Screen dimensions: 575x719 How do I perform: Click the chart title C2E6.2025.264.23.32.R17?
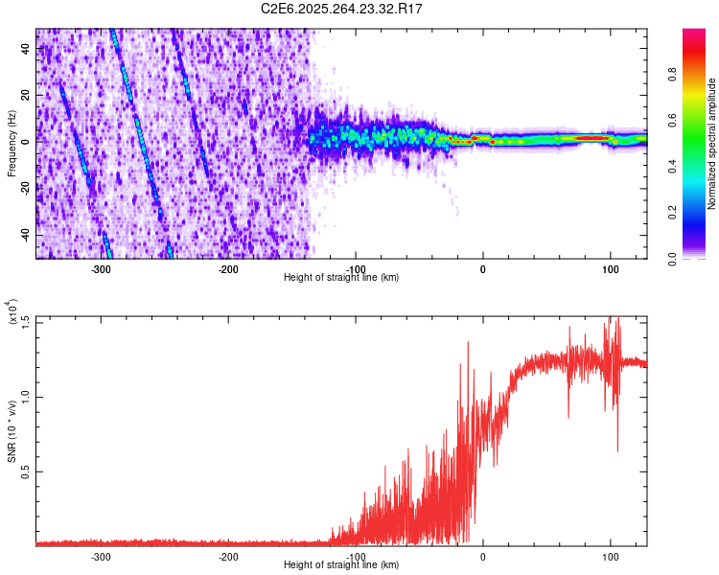pyautogui.click(x=342, y=9)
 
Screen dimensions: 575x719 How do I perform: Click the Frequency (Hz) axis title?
pyautogui.click(x=12, y=144)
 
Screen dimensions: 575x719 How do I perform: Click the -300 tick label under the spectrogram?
pyautogui.click(x=101, y=268)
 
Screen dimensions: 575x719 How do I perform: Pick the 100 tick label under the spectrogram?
pyautogui.click(x=610, y=268)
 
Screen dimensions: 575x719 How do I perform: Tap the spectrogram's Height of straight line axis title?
pyautogui.click(x=342, y=277)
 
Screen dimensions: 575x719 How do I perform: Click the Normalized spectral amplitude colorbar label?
pyautogui.click(x=712, y=144)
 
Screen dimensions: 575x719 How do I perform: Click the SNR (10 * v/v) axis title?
pyautogui.click(x=12, y=431)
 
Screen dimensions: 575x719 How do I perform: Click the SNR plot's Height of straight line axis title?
pyautogui.click(x=342, y=564)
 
